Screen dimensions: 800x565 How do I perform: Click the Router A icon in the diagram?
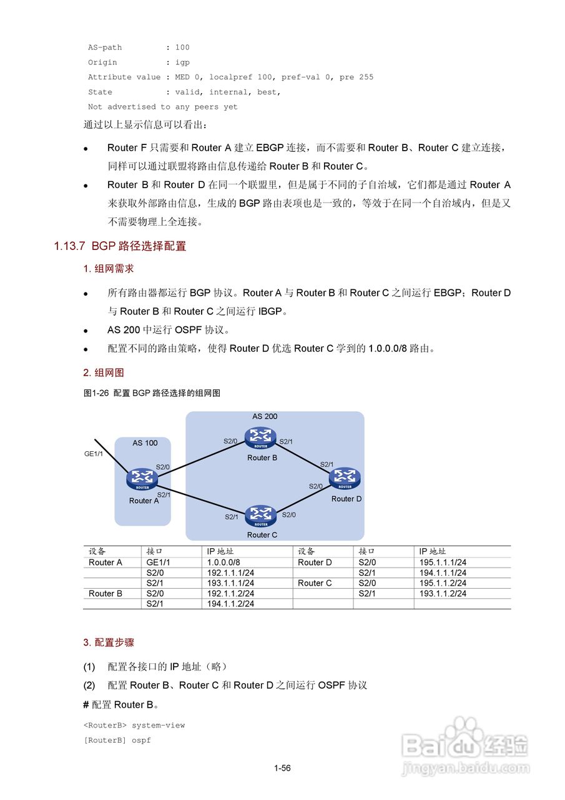(142, 479)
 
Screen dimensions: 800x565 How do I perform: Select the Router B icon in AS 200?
(260, 438)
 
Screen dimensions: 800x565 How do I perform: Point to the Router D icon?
(345, 478)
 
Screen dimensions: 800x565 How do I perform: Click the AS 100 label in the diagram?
(145, 443)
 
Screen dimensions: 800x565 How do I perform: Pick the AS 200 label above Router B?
(265, 416)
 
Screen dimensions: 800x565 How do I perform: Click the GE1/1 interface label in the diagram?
(94, 454)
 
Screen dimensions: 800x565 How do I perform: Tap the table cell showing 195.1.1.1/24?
(443, 562)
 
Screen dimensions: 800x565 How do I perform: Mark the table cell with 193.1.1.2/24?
(443, 594)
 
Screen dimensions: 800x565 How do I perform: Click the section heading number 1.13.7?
(69, 246)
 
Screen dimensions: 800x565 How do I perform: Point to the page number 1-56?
(282, 768)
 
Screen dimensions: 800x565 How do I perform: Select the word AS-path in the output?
(105, 47)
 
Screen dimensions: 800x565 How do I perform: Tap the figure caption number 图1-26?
(96, 393)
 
